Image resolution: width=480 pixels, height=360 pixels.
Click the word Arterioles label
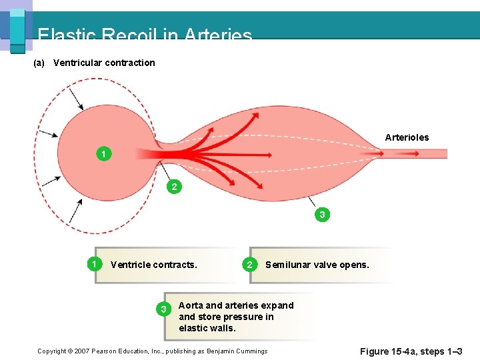[407, 137]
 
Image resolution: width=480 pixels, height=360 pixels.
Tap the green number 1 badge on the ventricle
[103, 154]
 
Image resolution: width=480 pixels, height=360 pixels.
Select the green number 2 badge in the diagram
[174, 187]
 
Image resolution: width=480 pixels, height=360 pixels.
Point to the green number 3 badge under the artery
[322, 215]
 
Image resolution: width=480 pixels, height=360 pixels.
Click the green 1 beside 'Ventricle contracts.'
[95, 264]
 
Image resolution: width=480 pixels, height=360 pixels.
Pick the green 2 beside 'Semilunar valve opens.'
[249, 265]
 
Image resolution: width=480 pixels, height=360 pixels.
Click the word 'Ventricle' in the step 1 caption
[131, 265]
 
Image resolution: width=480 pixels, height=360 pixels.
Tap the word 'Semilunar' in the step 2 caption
[287, 265]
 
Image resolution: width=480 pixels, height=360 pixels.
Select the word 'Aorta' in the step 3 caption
[191, 305]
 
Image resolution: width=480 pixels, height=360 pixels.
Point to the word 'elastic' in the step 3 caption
[193, 328]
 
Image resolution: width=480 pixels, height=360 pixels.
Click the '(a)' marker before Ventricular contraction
[39, 63]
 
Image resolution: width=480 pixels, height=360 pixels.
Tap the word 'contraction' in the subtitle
[131, 63]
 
